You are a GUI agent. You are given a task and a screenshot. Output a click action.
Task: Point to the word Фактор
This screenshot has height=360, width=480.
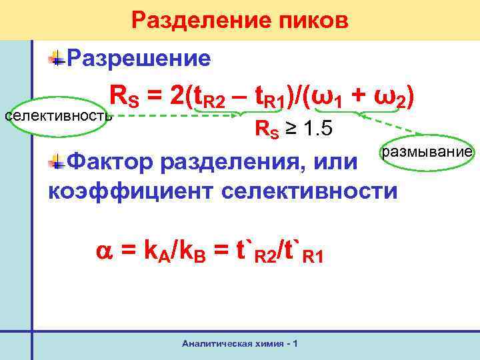(112, 161)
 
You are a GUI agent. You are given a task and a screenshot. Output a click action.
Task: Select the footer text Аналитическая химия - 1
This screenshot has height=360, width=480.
(239, 343)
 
